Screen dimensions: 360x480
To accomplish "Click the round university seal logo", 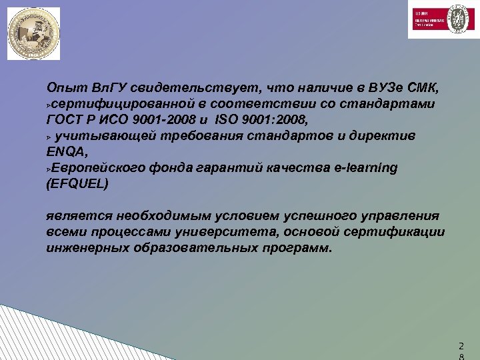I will click(33, 33).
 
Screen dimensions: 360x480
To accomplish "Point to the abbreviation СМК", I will click(423, 88).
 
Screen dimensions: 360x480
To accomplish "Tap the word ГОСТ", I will click(65, 121).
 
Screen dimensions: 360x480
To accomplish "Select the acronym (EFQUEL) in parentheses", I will click(77, 184).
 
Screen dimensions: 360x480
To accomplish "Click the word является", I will click(79, 216).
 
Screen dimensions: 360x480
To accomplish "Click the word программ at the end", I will click(299, 248).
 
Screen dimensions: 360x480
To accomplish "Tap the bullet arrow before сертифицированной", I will click(49, 106).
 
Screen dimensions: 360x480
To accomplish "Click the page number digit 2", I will click(460, 346).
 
